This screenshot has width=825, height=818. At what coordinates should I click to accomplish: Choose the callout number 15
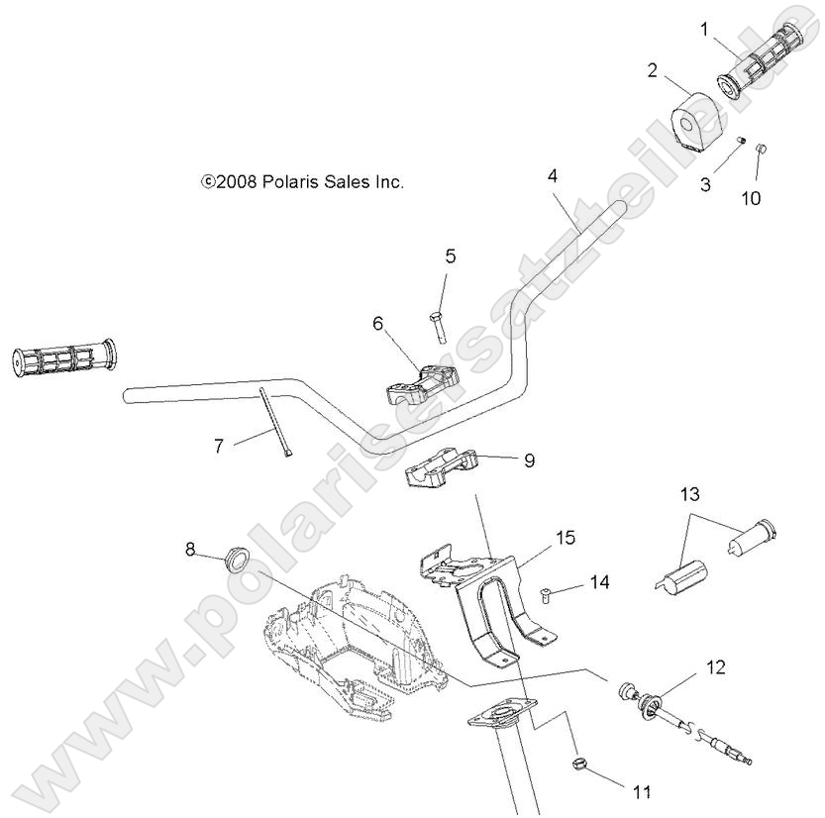click(565, 538)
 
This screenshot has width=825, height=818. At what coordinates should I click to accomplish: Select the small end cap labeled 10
click(763, 150)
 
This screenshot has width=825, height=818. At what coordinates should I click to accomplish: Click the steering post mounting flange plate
click(501, 715)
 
